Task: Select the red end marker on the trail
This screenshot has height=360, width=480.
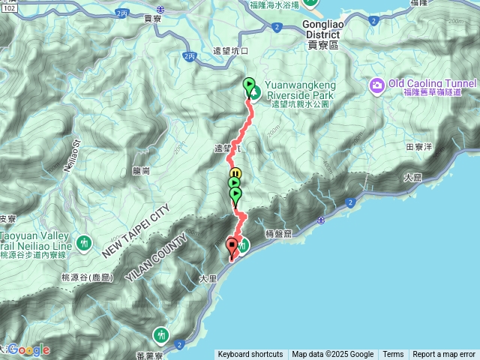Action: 232,244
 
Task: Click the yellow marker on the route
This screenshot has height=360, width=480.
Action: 233,176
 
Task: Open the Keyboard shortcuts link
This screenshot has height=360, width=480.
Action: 250,355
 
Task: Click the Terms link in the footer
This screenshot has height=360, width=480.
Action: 393,355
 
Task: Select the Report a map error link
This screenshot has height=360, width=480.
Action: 444,355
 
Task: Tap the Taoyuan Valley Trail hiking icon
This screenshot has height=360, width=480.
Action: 84,242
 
